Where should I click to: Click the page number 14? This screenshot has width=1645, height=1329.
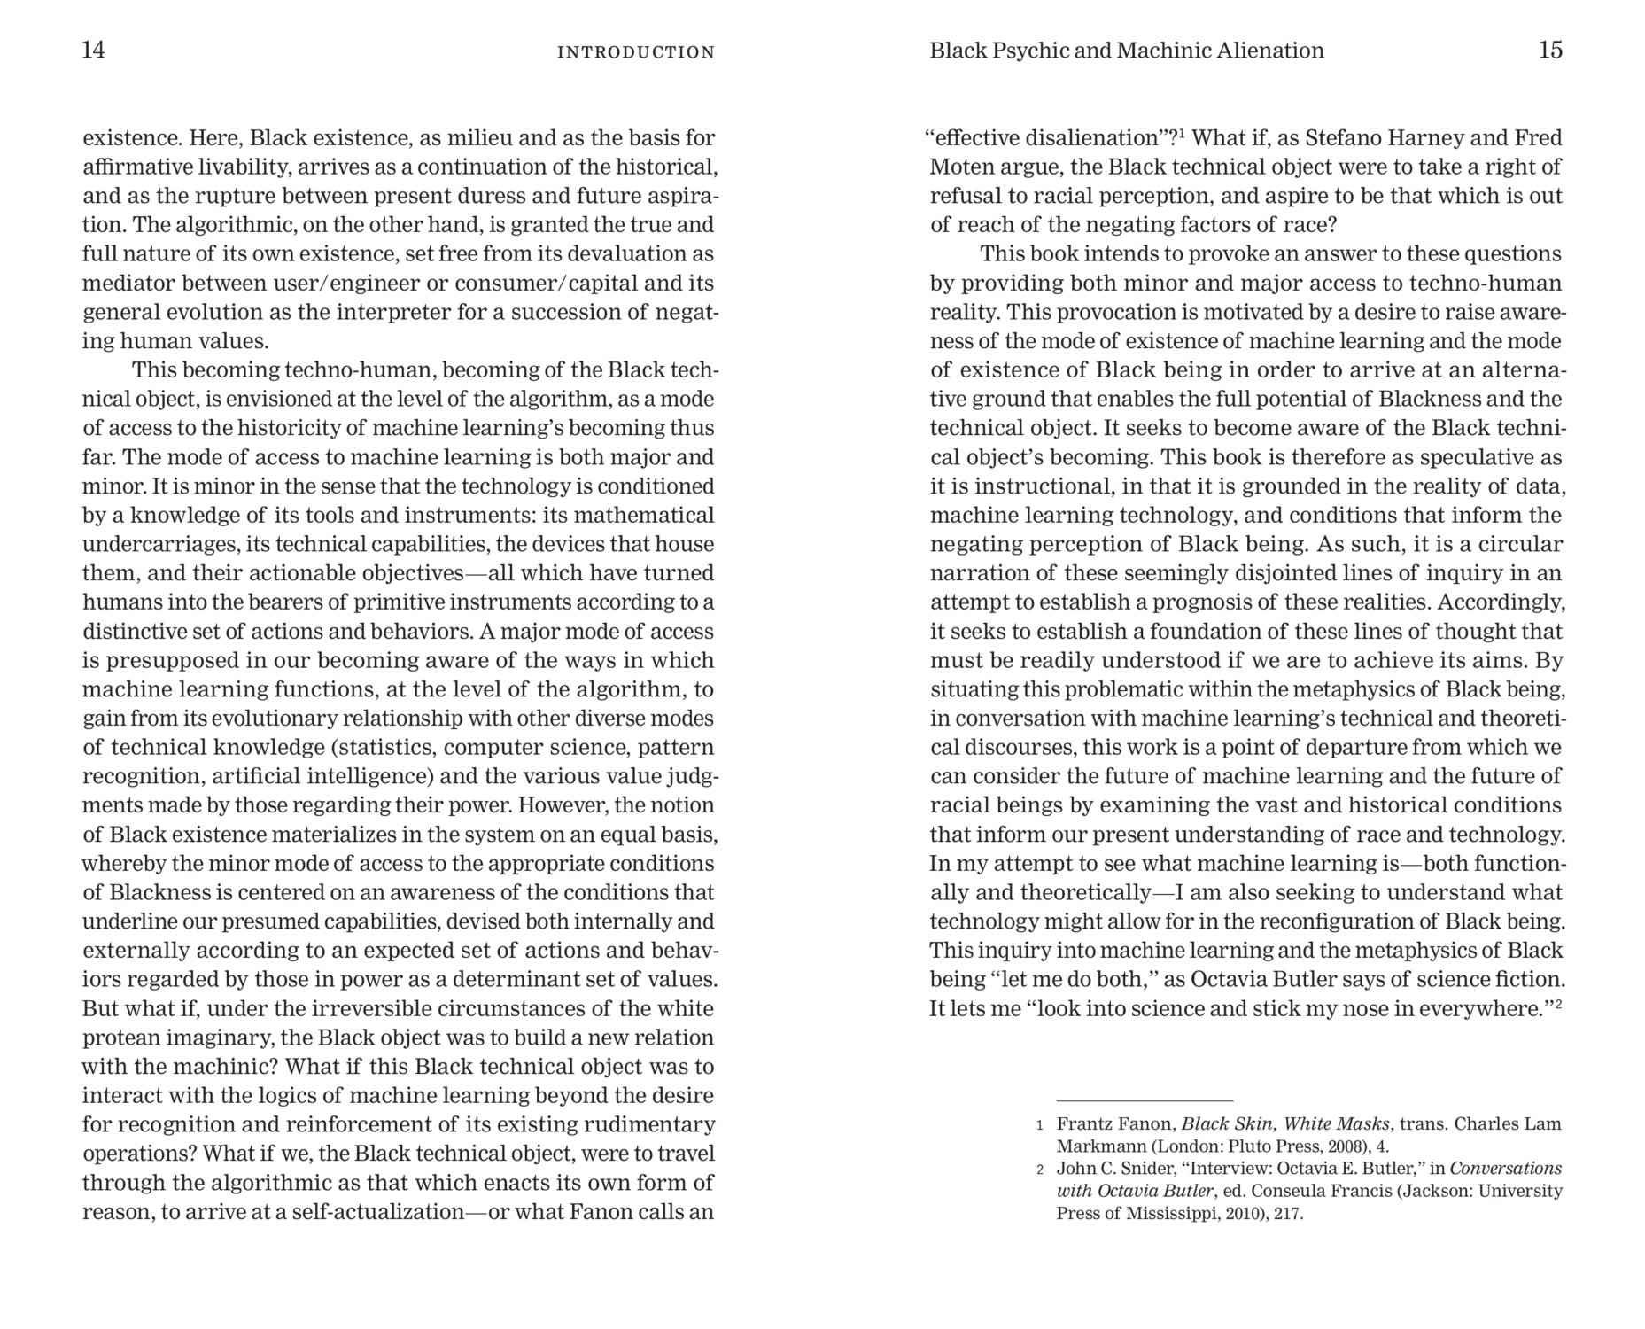coord(93,50)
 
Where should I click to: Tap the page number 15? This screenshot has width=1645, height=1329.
coord(1550,50)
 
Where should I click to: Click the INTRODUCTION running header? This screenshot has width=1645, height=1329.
coord(635,52)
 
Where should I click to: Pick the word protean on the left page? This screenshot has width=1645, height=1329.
coord(120,1038)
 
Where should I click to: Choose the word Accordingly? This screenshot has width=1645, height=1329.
coord(1501,602)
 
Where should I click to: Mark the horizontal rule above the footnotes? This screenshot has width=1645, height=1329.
coord(1145,1100)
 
